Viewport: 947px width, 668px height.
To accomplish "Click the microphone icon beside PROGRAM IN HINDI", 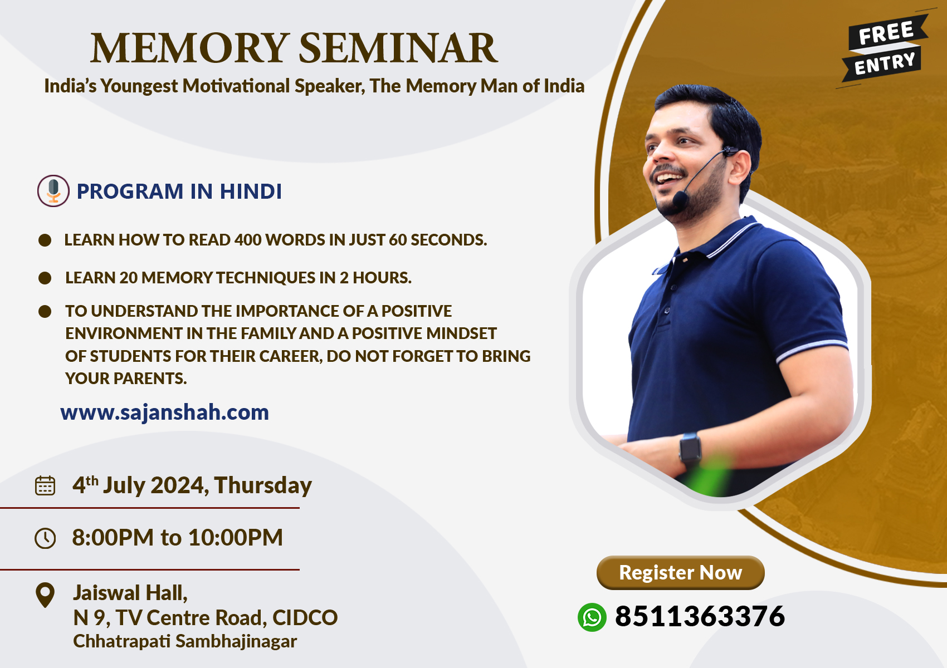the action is [x=53, y=191].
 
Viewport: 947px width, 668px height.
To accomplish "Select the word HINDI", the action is [x=250, y=191].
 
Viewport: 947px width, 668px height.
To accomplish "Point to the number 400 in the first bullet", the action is [x=248, y=240].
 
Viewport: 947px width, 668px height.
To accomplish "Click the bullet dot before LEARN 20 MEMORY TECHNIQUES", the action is [x=45, y=278].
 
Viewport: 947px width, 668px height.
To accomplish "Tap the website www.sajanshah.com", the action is [x=164, y=412].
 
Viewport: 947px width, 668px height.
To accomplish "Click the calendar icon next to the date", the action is [x=45, y=485].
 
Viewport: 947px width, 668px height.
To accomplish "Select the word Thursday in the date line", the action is [x=263, y=485].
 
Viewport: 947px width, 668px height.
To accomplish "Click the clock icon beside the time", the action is [x=45, y=538].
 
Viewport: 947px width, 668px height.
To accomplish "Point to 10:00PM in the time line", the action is [x=235, y=537].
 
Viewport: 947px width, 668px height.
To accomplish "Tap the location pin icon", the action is [x=45, y=595].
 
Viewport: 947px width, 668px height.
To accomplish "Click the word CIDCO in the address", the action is [x=305, y=618].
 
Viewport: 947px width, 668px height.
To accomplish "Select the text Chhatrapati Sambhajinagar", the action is [x=185, y=641].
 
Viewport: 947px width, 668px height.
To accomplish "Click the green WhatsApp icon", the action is [x=592, y=617].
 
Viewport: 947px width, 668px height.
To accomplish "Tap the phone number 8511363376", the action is [x=700, y=616].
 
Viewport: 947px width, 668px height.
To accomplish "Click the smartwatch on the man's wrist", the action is [x=690, y=449].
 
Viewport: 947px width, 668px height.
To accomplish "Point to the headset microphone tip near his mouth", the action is [x=680, y=199].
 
